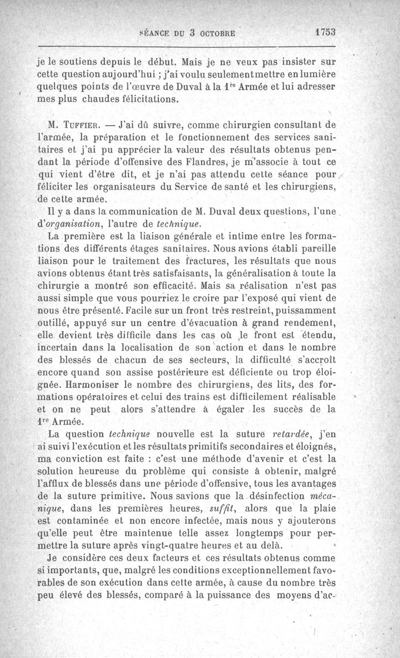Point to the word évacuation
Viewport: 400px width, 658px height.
(x=199, y=322)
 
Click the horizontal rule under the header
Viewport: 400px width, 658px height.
(x=186, y=47)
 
